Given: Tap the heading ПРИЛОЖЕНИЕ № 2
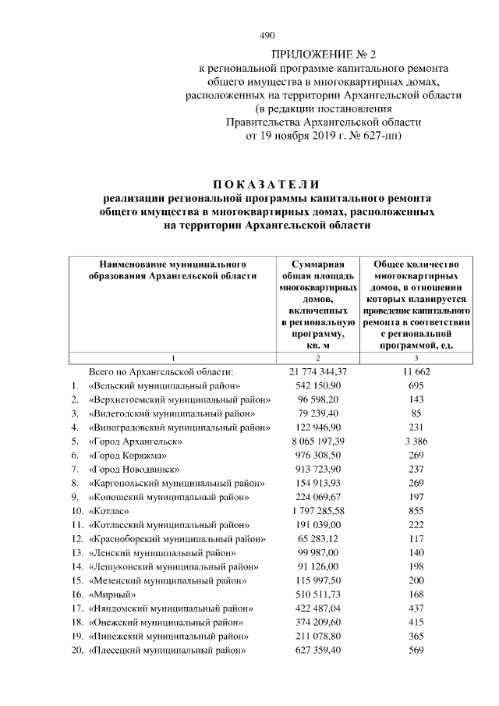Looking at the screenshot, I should pyautogui.click(x=323, y=55).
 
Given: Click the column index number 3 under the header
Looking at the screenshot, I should pyautogui.click(x=416, y=358).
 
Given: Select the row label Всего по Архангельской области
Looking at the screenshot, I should pyautogui.click(x=161, y=371).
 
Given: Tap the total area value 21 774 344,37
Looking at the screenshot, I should pyautogui.click(x=317, y=371).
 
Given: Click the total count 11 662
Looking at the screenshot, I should pyautogui.click(x=416, y=371).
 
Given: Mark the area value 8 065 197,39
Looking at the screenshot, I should pyautogui.click(x=317, y=442).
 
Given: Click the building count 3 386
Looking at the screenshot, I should pyautogui.click(x=416, y=442).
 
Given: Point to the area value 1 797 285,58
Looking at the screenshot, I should pyautogui.click(x=317, y=510).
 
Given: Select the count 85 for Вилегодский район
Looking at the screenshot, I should pyautogui.click(x=416, y=413).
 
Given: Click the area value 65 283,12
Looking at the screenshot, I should pyautogui.click(x=317, y=538).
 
